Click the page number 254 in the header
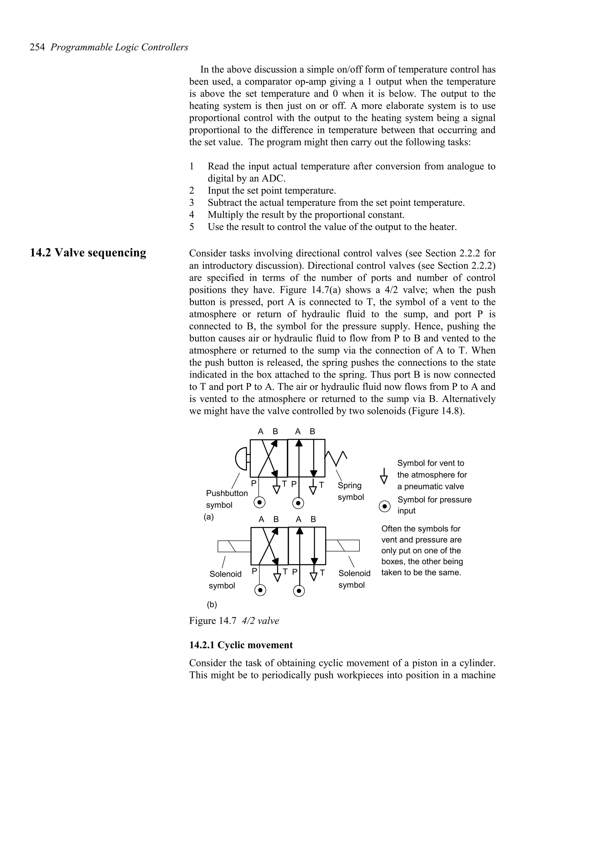[x=37, y=48]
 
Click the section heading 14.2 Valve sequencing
[x=88, y=253]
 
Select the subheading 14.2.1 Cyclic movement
[x=241, y=645]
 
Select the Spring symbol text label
[x=350, y=491]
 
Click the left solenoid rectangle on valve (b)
[x=234, y=546]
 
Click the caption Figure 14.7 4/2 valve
[x=234, y=621]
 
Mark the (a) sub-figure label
[x=209, y=517]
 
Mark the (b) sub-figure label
[x=212, y=605]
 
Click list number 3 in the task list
[x=192, y=203]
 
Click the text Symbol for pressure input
[x=434, y=505]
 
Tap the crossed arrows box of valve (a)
[x=268, y=458]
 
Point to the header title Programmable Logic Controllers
[x=119, y=48]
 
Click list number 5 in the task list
[x=192, y=227]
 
